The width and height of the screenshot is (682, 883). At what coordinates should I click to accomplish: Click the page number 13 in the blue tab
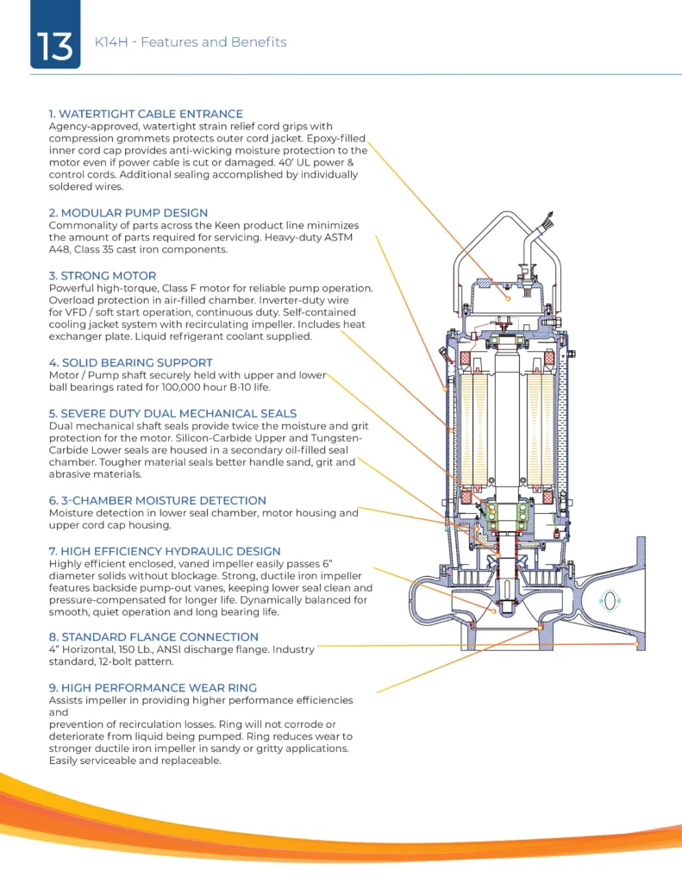pyautogui.click(x=55, y=45)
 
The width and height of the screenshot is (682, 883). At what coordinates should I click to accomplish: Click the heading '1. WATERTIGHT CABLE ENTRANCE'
pyautogui.click(x=146, y=114)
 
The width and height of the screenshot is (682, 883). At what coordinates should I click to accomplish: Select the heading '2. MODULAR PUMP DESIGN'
pyautogui.click(x=128, y=213)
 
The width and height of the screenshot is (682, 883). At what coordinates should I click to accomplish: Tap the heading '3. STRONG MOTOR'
pyautogui.click(x=103, y=276)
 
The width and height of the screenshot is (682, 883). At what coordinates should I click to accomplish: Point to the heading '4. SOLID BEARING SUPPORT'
pyautogui.click(x=130, y=363)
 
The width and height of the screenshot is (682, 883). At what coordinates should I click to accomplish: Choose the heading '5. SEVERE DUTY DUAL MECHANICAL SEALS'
pyautogui.click(x=172, y=413)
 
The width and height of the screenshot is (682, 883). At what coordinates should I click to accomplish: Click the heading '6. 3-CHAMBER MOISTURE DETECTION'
pyautogui.click(x=158, y=500)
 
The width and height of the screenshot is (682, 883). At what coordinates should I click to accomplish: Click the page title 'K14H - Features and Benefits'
pyautogui.click(x=190, y=42)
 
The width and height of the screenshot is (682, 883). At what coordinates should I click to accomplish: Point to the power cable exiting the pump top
pyautogui.click(x=543, y=229)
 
